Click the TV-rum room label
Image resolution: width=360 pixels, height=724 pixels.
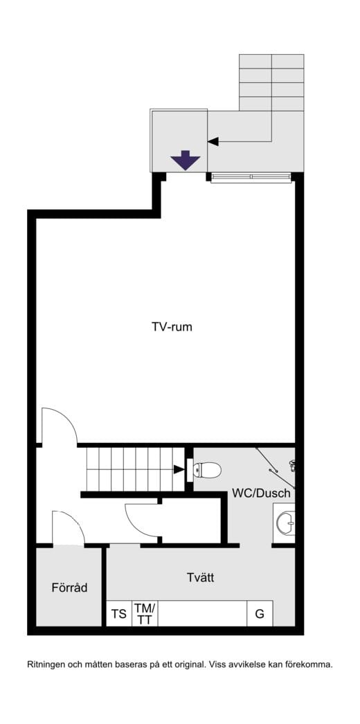coord(172,327)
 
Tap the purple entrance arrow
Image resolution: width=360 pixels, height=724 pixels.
coord(185,160)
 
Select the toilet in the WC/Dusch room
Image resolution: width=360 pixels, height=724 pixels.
coord(206,470)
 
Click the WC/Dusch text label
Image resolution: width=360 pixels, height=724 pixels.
coord(261,493)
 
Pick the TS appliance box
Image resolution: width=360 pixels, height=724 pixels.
coord(119,614)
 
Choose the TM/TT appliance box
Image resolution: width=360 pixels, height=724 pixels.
coord(145,614)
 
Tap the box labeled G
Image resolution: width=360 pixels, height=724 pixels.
coord(260,614)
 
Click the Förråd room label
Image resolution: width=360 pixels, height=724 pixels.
coord(69,588)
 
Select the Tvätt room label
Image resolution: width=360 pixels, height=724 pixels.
coord(201,577)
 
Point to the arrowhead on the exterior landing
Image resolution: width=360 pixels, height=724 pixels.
coord(213,141)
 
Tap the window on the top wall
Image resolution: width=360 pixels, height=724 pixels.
coord(251,178)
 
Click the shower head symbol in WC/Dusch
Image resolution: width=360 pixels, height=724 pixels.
coord(291,464)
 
